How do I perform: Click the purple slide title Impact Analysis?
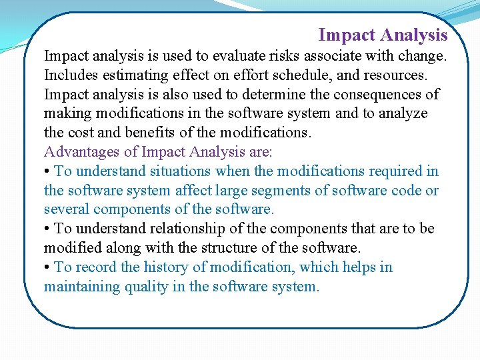click(383, 35)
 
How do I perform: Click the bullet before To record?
click(47, 268)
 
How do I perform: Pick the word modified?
click(73, 249)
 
